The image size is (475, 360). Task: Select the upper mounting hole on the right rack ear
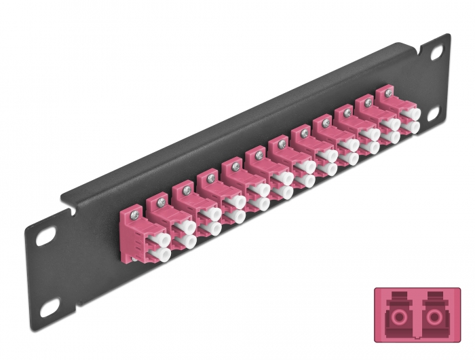tap(435, 50)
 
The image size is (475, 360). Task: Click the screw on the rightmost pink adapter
tap(389, 94)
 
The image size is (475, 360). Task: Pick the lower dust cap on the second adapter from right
tap(392, 137)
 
